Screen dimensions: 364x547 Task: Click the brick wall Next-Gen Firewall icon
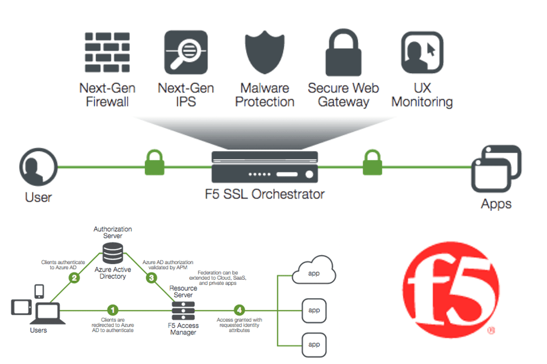(107, 52)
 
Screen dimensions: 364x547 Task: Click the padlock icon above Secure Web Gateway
(343, 52)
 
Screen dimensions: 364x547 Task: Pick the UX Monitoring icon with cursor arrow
(422, 52)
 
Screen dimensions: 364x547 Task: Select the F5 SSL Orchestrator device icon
(264, 167)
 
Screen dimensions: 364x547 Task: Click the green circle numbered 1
(112, 310)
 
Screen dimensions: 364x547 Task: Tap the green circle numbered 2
(75, 278)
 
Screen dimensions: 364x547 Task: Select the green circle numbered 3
(151, 278)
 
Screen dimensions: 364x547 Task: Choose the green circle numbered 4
(239, 310)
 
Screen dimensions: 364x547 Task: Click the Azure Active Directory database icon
(112, 253)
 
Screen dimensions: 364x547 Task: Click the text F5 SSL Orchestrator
(264, 194)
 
